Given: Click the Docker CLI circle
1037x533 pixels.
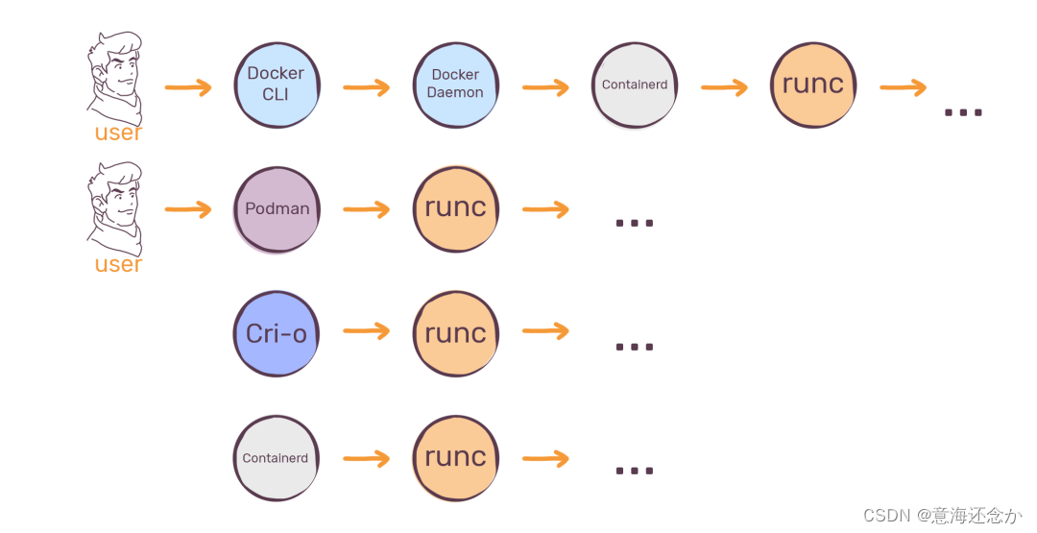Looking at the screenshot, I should click(277, 85).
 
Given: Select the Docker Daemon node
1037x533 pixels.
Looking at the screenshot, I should click(456, 85).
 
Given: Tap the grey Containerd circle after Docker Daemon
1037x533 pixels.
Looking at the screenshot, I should click(635, 85).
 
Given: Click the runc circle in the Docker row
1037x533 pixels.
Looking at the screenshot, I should click(812, 85).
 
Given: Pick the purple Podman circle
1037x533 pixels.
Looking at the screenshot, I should click(277, 208).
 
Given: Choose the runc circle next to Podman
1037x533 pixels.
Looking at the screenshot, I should click(456, 208).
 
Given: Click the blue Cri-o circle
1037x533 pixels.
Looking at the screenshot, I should click(277, 333).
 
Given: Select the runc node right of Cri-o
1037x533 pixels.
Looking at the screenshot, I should click(456, 333).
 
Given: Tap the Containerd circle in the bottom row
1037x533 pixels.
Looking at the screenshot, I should click(276, 458).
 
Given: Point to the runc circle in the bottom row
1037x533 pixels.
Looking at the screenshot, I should click(456, 458).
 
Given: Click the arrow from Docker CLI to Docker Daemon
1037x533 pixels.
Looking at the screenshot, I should click(367, 87).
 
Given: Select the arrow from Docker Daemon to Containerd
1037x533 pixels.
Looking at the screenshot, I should click(545, 87).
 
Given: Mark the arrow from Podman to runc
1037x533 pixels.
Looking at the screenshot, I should click(367, 210).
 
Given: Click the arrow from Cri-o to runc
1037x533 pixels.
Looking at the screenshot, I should click(367, 331).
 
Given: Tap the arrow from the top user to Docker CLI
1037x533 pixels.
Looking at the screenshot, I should click(188, 88).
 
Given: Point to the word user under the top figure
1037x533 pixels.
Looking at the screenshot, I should click(118, 133).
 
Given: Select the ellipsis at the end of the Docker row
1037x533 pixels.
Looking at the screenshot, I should click(963, 112).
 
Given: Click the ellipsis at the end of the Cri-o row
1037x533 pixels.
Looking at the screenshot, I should click(634, 346).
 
